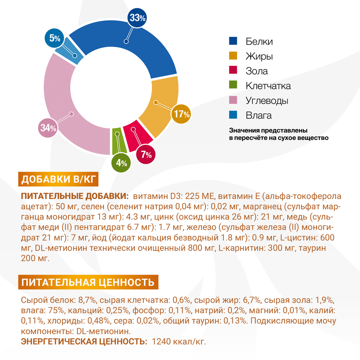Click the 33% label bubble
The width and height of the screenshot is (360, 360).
[137, 18]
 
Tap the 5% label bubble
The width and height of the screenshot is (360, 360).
[55, 39]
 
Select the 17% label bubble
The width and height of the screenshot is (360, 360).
[181, 114]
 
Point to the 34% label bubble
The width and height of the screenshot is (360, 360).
[48, 128]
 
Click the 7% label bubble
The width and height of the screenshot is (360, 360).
[146, 155]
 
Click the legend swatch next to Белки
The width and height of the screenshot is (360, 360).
[233, 41]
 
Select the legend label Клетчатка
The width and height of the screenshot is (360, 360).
[268, 86]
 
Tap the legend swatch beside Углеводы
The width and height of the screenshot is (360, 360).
[233, 100]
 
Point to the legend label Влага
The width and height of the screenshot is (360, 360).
[258, 116]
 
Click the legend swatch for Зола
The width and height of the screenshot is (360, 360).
[233, 71]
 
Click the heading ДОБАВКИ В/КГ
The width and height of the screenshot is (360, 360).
[58, 180]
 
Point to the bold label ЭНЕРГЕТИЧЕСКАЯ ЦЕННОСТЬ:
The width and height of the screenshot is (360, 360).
[84, 341]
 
